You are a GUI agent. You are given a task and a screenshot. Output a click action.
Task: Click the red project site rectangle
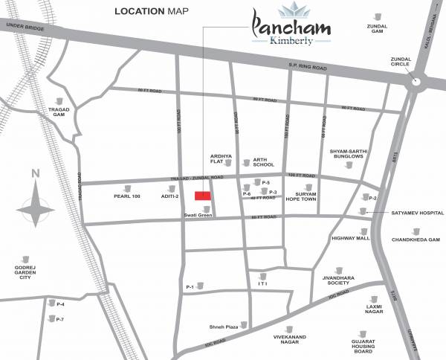202,195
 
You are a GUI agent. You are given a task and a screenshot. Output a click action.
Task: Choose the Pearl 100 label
126,196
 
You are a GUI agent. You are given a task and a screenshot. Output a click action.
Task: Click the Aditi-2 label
170,196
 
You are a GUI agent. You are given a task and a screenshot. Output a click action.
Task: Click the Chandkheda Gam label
416,240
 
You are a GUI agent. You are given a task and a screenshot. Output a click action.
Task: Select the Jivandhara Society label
336,279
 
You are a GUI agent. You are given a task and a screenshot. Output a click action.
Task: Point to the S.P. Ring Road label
308,68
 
